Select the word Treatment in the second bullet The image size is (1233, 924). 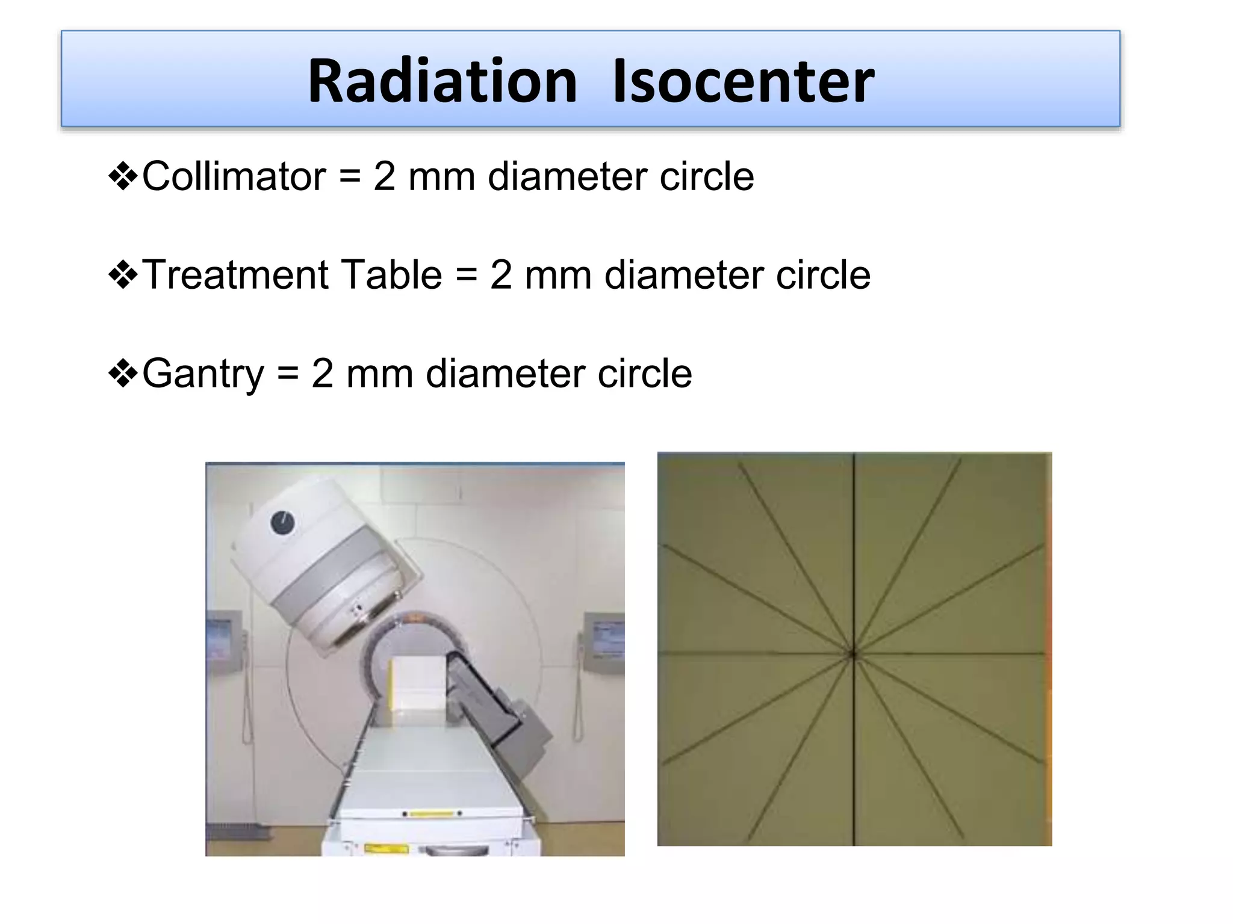(x=235, y=275)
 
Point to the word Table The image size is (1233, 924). (x=392, y=275)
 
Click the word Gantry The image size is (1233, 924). (x=203, y=374)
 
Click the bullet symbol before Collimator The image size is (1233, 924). (x=123, y=177)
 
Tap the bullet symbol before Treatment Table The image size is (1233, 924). (x=123, y=276)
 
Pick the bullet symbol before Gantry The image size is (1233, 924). (x=123, y=375)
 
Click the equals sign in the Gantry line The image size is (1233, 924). (x=288, y=374)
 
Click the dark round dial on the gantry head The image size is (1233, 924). (x=282, y=523)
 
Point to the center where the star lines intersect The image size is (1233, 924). (x=853, y=654)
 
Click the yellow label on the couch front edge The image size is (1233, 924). (x=431, y=814)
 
